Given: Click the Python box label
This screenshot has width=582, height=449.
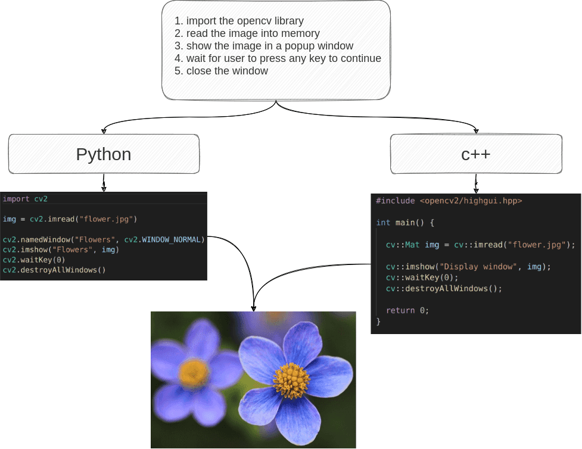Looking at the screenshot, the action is click(x=104, y=154).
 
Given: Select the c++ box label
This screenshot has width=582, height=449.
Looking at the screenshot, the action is click(x=476, y=154).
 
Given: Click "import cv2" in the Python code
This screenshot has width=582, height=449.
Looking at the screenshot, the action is click(x=25, y=199).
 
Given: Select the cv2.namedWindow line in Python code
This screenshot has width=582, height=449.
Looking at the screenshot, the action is click(x=104, y=240).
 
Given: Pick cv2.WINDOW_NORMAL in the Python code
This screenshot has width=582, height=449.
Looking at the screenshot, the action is click(x=164, y=240).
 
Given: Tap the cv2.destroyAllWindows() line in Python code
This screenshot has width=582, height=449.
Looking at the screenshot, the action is click(x=54, y=270).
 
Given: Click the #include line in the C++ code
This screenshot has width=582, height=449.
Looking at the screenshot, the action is click(x=449, y=201).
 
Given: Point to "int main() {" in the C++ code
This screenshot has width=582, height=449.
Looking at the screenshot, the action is click(x=405, y=223).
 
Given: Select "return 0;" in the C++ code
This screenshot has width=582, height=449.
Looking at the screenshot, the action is click(x=407, y=310).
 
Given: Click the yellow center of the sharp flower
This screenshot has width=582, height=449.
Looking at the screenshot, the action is click(x=291, y=381).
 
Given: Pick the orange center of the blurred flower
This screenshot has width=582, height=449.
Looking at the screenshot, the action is click(x=194, y=373).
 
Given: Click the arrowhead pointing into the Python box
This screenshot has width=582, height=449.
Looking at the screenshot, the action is click(x=104, y=130).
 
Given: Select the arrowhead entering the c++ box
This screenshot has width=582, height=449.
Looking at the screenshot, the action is click(x=476, y=130).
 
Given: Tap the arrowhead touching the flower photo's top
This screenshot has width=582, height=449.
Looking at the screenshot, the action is click(x=254, y=308).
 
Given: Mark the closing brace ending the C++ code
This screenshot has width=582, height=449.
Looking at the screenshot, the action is click(x=378, y=322).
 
